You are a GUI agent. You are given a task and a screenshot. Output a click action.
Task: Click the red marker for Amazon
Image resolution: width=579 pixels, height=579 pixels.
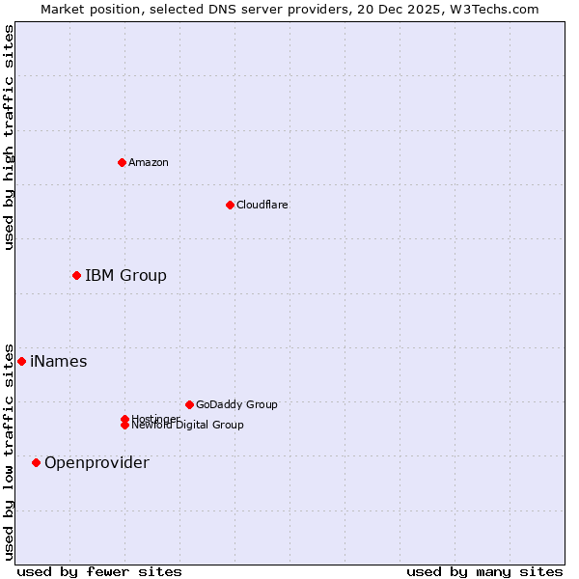click(x=123, y=162)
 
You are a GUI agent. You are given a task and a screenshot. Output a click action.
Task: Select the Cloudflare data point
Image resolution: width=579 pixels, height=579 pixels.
click(x=230, y=205)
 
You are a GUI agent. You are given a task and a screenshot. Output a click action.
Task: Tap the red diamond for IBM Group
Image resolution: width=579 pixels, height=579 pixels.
click(x=76, y=276)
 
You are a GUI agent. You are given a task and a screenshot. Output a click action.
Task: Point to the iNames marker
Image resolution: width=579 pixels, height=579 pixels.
click(x=21, y=362)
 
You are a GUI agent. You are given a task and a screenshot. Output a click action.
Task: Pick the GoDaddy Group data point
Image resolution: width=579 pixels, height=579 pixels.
click(x=189, y=404)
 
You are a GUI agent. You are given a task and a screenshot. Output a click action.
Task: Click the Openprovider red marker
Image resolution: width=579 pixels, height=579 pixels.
click(x=36, y=463)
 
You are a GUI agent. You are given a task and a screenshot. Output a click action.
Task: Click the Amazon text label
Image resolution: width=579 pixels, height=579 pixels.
click(x=149, y=162)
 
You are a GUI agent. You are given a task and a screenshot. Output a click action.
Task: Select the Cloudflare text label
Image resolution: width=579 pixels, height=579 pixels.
click(x=262, y=205)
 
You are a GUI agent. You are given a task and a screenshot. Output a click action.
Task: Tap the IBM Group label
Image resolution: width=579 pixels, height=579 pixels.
click(x=125, y=276)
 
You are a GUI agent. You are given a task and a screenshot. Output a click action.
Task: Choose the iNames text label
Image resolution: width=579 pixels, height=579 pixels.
click(x=59, y=362)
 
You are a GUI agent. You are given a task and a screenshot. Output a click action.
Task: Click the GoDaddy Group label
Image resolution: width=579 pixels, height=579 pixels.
click(x=236, y=404)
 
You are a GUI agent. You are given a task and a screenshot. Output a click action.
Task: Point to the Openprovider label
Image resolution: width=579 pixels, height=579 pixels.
click(x=96, y=463)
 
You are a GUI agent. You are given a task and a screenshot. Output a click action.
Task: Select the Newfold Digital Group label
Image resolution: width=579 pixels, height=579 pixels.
click(x=188, y=425)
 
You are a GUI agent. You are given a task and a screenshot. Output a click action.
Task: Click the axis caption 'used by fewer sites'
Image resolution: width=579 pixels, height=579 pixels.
click(x=99, y=571)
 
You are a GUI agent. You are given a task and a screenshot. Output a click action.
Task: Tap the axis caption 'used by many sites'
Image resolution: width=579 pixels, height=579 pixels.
click(x=484, y=571)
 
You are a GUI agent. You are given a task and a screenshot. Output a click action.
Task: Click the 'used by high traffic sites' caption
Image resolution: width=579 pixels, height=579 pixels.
click(x=10, y=137)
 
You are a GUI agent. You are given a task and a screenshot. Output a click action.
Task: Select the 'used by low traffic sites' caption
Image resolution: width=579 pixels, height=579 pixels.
click(x=10, y=451)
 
